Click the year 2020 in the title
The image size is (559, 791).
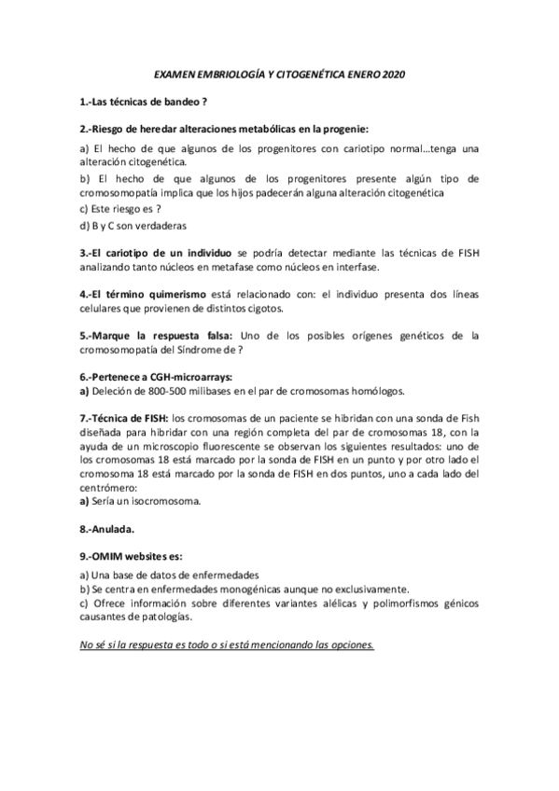coord(394,74)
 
